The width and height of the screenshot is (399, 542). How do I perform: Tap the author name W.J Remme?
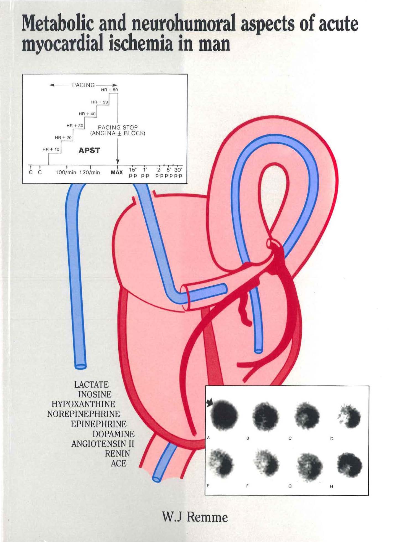195,517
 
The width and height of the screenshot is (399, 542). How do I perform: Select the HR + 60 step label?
109,90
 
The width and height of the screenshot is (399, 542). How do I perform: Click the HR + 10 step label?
51,149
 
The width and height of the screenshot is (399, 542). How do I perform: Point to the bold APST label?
89,150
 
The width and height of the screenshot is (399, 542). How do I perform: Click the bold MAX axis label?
116,172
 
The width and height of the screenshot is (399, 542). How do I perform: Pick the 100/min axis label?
66,172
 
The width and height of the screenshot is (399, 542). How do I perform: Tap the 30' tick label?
178,170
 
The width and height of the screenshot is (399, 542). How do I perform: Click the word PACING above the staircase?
83,85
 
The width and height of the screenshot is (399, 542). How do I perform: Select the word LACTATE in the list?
91,384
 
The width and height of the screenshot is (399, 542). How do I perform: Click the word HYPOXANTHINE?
83,404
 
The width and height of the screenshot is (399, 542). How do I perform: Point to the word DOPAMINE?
113,434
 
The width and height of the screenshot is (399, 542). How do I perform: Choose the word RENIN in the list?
117,453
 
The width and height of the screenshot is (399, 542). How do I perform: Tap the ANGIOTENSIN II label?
103,444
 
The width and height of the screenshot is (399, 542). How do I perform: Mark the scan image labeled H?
350,465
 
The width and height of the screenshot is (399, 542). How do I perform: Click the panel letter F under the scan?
247,486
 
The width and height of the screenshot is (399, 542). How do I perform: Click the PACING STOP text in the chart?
118,128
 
